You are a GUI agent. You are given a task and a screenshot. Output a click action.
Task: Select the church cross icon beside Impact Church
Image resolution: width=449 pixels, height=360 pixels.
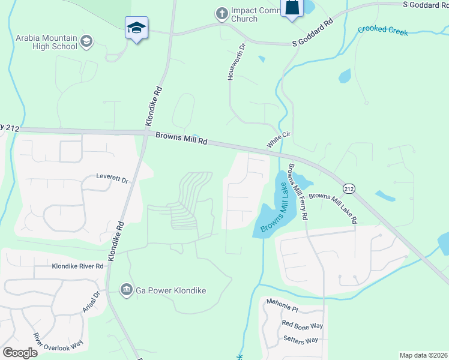222,13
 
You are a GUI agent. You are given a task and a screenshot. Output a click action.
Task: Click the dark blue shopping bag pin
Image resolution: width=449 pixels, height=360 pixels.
292,8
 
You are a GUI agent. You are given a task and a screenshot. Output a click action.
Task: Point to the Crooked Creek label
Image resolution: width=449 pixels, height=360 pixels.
382,30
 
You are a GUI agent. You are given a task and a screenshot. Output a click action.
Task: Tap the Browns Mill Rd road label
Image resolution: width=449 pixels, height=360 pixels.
181,139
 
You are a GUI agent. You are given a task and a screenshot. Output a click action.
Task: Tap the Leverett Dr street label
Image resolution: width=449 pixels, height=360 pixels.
113,178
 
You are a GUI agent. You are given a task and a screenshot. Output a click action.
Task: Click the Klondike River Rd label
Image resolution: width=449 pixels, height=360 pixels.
77,266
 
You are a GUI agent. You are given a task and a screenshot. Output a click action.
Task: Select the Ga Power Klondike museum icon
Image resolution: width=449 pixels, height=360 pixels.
127,290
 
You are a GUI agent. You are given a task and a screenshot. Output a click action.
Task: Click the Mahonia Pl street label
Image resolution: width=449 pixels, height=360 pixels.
282,308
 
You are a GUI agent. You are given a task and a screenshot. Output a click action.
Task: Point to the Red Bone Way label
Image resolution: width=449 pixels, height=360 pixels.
303,325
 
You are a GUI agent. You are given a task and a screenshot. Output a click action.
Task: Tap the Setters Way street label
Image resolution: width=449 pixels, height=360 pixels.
300,340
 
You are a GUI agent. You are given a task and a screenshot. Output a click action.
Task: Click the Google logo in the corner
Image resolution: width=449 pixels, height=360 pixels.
20,353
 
